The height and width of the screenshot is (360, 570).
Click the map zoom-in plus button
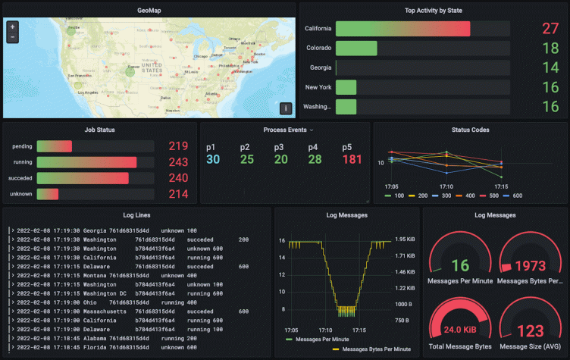(x=12, y=27)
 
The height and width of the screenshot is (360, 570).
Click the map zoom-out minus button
(x=12, y=36)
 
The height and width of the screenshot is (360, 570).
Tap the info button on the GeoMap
(x=286, y=108)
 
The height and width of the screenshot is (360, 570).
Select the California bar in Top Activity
(x=402, y=29)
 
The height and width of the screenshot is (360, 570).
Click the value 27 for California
(x=550, y=29)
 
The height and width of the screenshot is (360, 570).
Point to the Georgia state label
(x=320, y=67)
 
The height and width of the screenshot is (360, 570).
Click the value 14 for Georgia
(x=550, y=67)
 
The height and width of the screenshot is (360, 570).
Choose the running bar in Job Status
(x=86, y=162)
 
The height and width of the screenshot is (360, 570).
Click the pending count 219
(x=178, y=146)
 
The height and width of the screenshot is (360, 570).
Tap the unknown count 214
(x=178, y=194)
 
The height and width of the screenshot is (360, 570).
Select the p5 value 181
(x=352, y=159)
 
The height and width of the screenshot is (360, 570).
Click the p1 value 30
(x=212, y=159)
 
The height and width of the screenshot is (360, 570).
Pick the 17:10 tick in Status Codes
(x=446, y=186)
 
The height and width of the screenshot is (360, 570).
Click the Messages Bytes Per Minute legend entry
(x=376, y=349)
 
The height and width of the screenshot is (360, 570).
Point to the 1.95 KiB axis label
(x=405, y=239)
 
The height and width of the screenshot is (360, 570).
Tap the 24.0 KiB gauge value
(x=459, y=330)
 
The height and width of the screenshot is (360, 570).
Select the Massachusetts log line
(x=121, y=311)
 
